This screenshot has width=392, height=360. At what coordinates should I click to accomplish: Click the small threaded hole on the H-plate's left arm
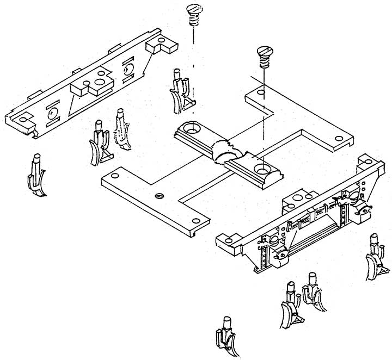(x=159, y=195)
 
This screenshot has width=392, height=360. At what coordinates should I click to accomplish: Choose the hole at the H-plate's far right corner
(x=339, y=139)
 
